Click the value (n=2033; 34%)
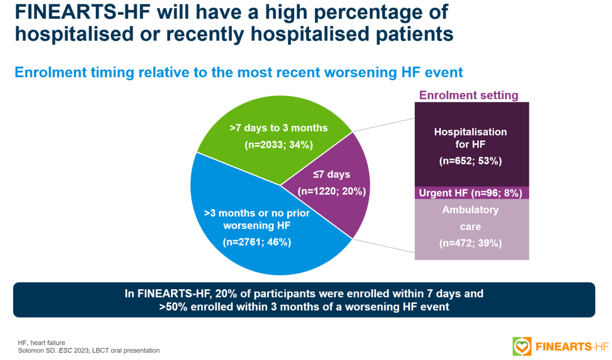pos(279,145)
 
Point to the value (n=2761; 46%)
pos(257,242)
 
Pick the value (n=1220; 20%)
pos(331,191)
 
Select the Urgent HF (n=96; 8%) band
pos(471,193)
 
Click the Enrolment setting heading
pos(469,95)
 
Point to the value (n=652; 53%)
pos(470,161)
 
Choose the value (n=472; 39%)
pos(470,243)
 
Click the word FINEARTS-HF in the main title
pos(83,12)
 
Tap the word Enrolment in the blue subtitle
pos(51,73)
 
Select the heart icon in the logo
pos(522,346)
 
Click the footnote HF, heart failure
pos(41,343)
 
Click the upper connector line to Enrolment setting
pos(383,125)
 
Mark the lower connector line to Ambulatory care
pos(383,245)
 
